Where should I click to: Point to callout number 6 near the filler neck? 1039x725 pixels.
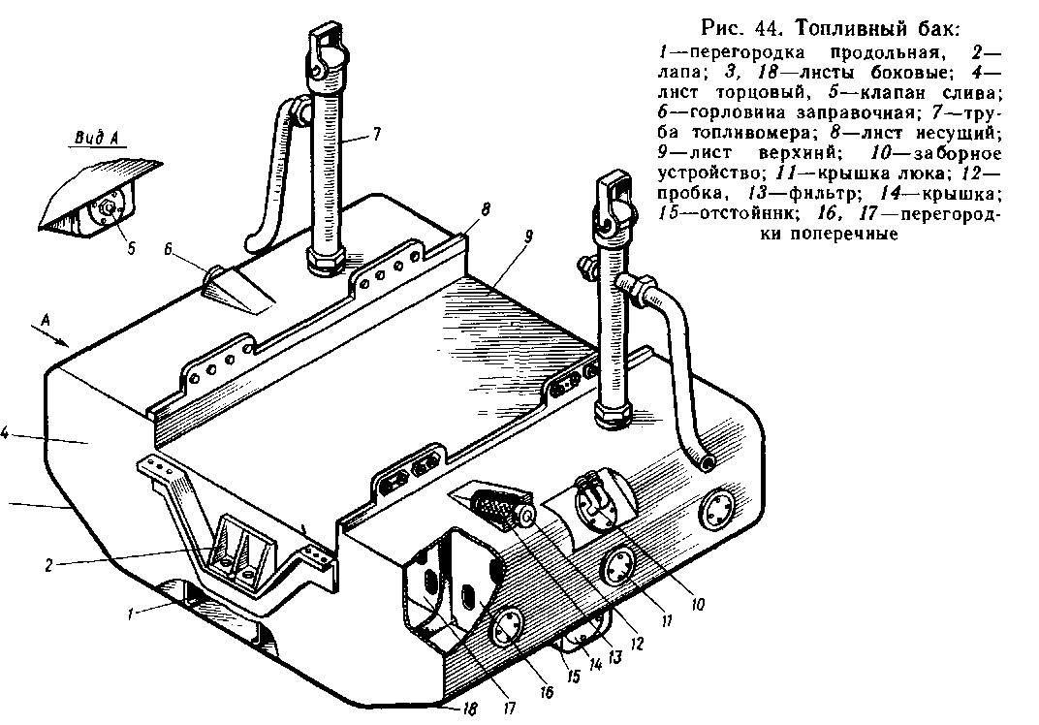(168, 249)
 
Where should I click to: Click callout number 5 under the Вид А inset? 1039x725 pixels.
(131, 243)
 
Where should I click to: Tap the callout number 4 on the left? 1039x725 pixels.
(5, 436)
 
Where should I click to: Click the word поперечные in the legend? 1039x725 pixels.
(849, 234)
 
